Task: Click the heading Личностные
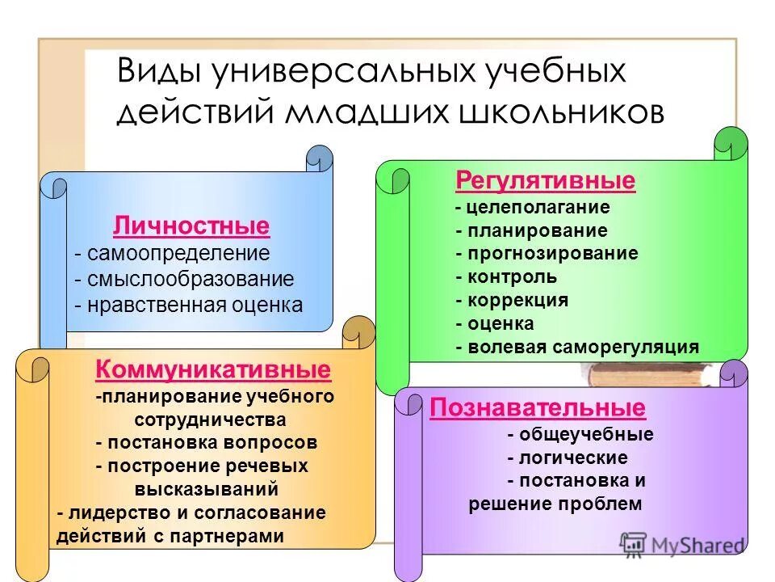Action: (191, 225)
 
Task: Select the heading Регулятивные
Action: (546, 180)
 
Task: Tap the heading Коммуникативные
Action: (213, 370)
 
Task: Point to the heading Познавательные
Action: (538, 407)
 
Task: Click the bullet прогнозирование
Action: (552, 253)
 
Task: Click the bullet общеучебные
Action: (586, 435)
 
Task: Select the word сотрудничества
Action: (209, 420)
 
